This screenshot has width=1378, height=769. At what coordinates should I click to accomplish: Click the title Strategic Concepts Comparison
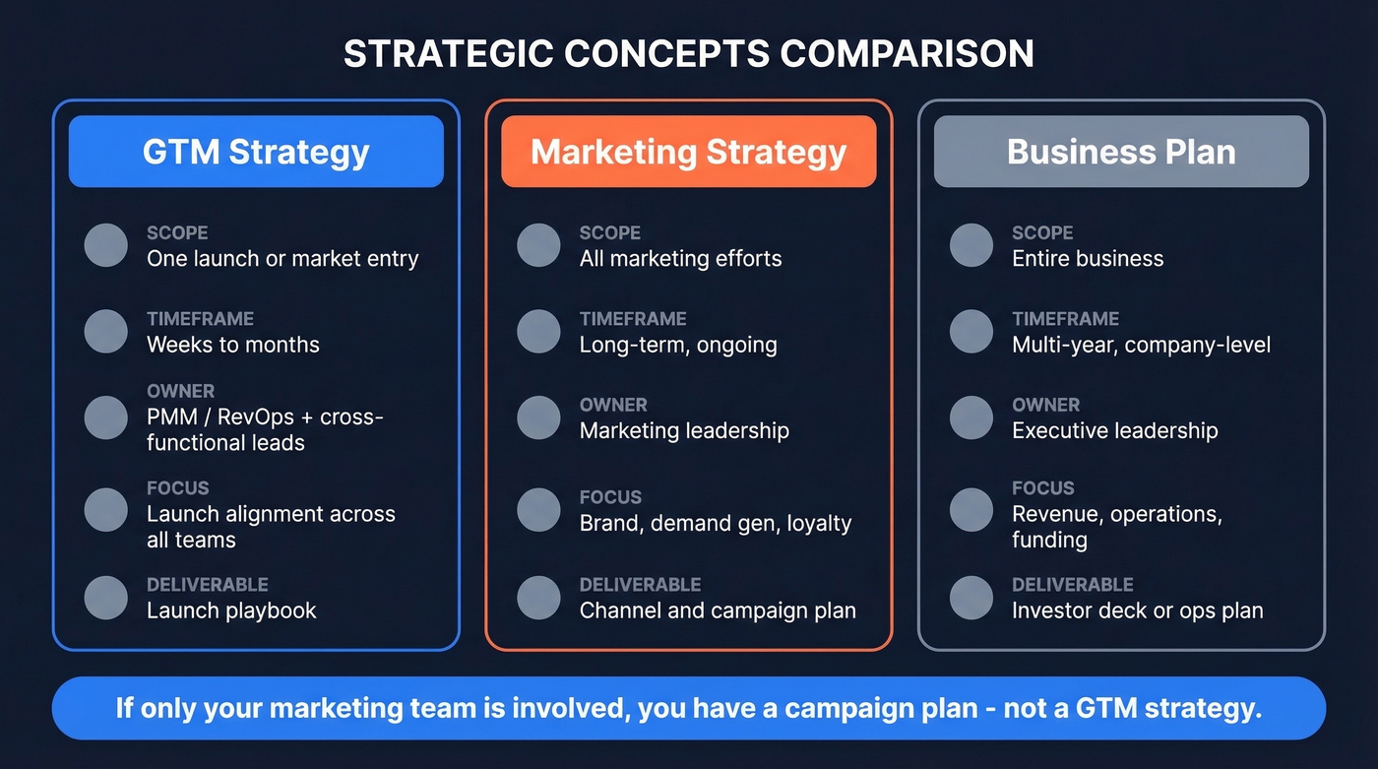pyautogui.click(x=688, y=53)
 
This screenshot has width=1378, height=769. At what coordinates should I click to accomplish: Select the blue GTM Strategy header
pyautogui.click(x=256, y=152)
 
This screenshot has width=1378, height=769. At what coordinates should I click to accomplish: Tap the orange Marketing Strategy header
pyautogui.click(x=688, y=152)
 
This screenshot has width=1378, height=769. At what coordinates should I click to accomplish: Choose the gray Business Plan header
pyautogui.click(x=1121, y=152)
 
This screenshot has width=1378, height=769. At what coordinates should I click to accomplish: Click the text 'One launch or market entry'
pyautogui.click(x=282, y=259)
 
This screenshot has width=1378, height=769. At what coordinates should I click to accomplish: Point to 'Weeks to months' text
pyautogui.click(x=233, y=345)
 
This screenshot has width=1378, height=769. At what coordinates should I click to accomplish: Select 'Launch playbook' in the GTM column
pyautogui.click(x=231, y=610)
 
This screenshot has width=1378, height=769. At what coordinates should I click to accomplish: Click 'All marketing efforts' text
pyautogui.click(x=680, y=259)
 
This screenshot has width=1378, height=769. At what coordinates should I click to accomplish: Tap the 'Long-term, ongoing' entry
pyautogui.click(x=678, y=345)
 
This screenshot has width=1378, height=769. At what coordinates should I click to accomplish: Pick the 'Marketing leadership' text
pyautogui.click(x=684, y=430)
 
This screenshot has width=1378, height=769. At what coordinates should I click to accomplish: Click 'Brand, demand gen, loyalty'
pyautogui.click(x=716, y=524)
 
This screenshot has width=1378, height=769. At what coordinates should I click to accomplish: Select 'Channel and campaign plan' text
pyautogui.click(x=718, y=610)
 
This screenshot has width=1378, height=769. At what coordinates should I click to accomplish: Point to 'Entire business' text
pyautogui.click(x=1088, y=259)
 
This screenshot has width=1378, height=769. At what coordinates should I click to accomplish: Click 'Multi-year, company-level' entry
pyautogui.click(x=1141, y=345)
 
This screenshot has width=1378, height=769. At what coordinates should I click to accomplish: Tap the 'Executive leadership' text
pyautogui.click(x=1115, y=430)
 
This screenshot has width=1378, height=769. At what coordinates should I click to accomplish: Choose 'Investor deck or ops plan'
pyautogui.click(x=1137, y=610)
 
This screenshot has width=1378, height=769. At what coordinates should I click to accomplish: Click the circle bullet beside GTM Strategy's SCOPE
pyautogui.click(x=106, y=245)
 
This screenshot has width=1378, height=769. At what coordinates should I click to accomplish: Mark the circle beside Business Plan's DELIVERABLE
pyautogui.click(x=971, y=598)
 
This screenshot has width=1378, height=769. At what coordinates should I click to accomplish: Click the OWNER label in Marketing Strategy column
pyautogui.click(x=613, y=405)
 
